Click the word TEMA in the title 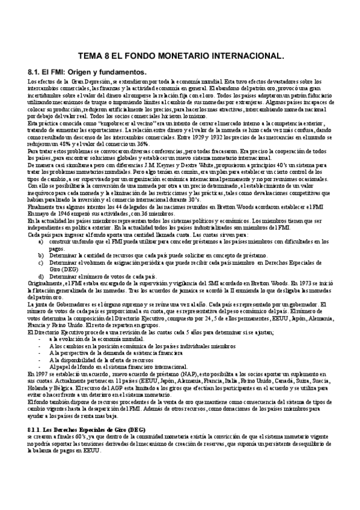pos(91,58)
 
